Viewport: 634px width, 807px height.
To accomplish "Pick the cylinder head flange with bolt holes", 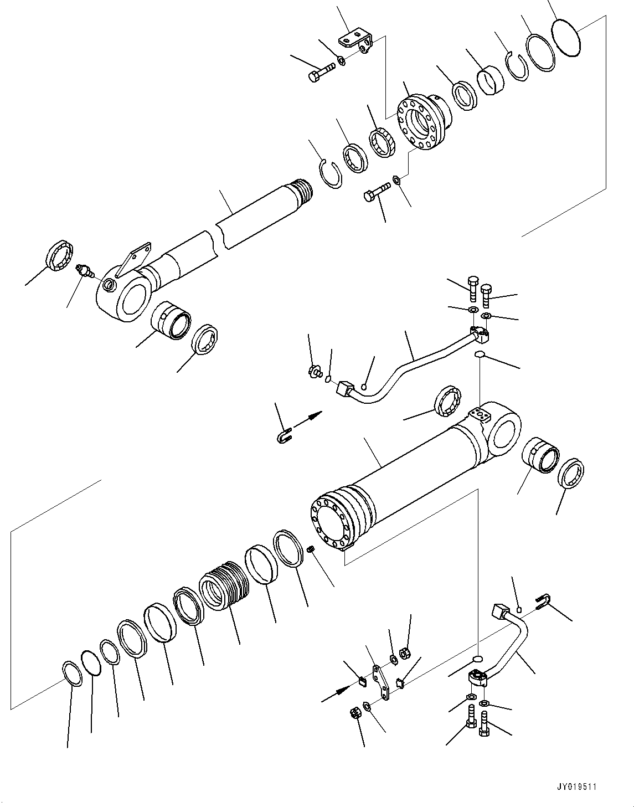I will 423,123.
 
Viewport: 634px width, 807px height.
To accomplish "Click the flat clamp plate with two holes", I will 381,685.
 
